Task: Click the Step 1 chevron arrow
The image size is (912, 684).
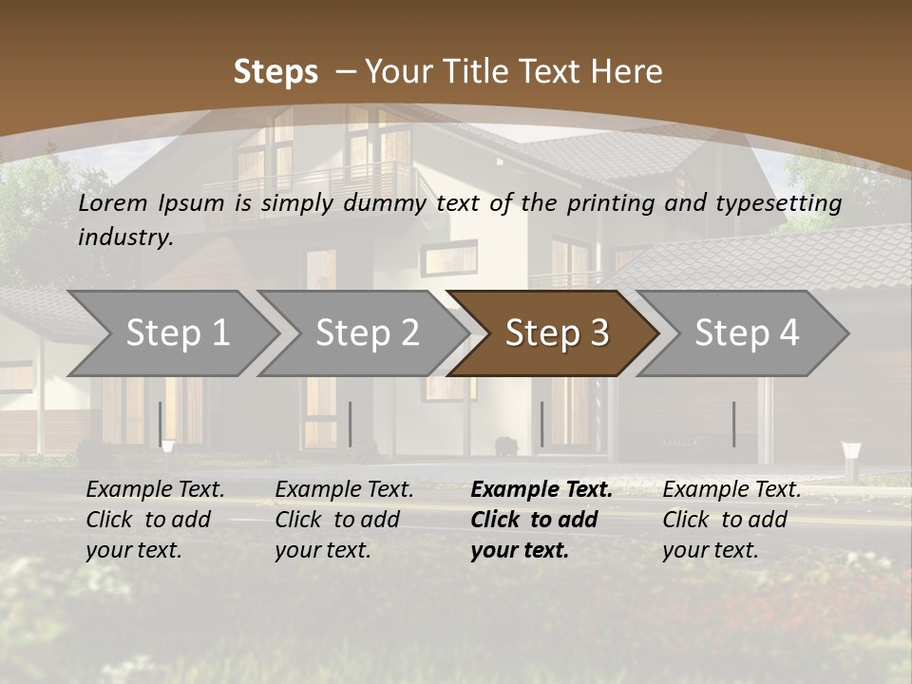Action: pos(177,332)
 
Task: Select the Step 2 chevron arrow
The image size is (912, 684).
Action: pos(367,332)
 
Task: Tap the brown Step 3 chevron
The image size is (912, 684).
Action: pos(557,332)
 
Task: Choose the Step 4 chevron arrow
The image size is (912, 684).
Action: pos(747,332)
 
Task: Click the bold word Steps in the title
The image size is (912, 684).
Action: pos(275,71)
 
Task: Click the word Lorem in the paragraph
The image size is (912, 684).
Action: pos(111,202)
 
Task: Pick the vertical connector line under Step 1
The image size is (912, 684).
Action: pos(161,424)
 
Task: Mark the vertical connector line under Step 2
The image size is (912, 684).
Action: pos(351,424)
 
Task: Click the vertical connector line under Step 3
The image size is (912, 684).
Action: pos(541,424)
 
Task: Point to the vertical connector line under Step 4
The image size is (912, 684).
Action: pos(733,424)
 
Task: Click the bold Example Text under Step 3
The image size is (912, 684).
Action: pos(541,489)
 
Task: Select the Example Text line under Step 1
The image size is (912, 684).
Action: pos(156,489)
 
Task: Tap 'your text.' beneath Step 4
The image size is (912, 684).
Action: pos(711,550)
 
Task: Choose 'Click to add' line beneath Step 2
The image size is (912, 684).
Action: pos(337,520)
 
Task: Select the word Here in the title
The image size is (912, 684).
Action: pos(625,71)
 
